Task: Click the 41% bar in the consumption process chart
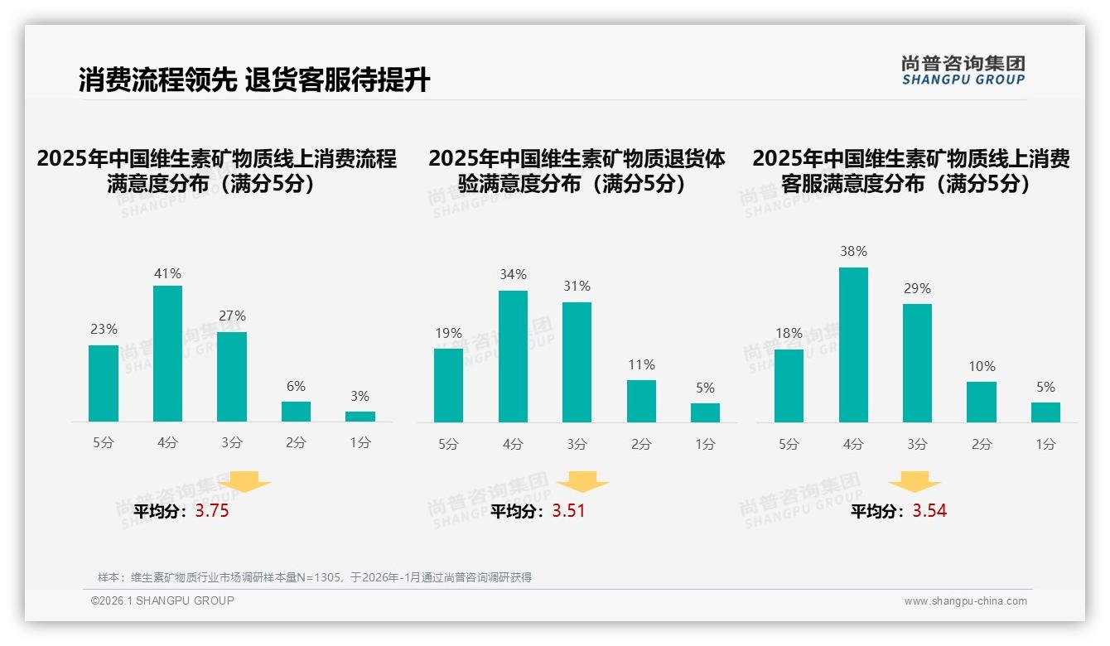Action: click(168, 354)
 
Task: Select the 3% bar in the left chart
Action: click(360, 416)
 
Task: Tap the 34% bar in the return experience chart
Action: click(513, 356)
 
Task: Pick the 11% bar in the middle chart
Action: click(641, 401)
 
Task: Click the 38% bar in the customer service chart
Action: click(853, 345)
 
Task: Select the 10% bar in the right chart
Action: click(982, 402)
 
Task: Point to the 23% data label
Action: click(104, 330)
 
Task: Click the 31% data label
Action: click(577, 287)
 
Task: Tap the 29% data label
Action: click(917, 289)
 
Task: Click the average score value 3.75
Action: click(212, 511)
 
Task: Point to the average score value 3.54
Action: click(929, 511)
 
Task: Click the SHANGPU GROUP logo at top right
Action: click(963, 70)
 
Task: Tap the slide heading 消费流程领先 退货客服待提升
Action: click(254, 80)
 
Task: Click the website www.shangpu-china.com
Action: click(965, 601)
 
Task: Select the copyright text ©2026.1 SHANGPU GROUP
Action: click(162, 600)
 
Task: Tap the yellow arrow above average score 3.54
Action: click(915, 483)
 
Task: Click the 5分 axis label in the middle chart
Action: click(448, 444)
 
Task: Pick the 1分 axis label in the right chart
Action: click(1045, 444)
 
